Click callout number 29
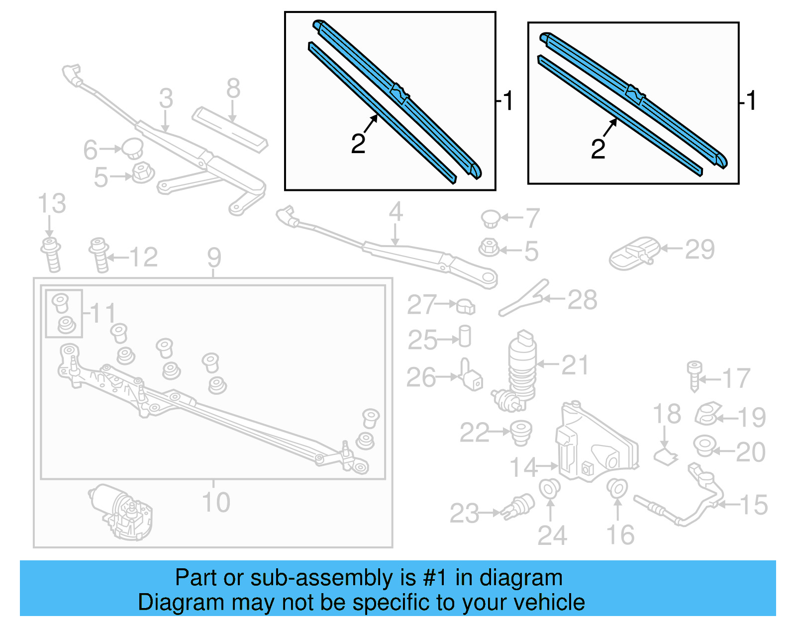pos(699,250)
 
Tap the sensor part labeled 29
pos(633,253)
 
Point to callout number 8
pos(233,89)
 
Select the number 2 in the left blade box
pos(358,144)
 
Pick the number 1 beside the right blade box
pos(751,100)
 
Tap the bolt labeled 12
pos(99,255)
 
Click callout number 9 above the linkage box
pos(214,258)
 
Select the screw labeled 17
pos(695,375)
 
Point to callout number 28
pos(582,300)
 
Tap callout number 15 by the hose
pos(754,505)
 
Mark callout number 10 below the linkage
pos(216,502)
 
